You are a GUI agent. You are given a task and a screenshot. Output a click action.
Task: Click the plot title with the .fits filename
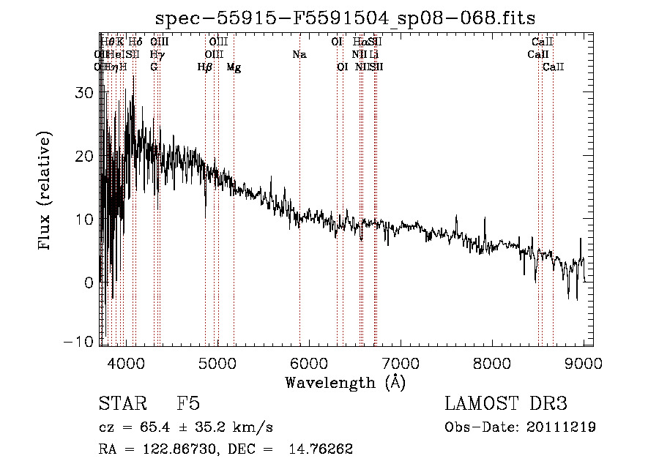(x=346, y=19)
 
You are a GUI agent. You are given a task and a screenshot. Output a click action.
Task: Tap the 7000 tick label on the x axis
(x=400, y=364)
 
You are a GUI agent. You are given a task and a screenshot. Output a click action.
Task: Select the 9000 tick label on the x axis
(x=584, y=364)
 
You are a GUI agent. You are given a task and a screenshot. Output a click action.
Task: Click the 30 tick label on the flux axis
(x=85, y=93)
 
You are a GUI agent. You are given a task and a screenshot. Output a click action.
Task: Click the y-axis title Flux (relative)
(x=46, y=192)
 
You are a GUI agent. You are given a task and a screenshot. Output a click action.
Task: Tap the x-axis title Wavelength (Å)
(x=345, y=382)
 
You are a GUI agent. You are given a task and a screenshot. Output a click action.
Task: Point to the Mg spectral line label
(x=234, y=67)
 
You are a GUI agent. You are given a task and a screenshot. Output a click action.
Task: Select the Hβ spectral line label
(x=205, y=67)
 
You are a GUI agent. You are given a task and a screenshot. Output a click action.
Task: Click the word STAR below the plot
(x=122, y=404)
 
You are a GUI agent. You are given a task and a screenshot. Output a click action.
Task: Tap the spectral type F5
(x=188, y=404)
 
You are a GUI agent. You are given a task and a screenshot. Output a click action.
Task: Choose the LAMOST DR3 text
(x=505, y=404)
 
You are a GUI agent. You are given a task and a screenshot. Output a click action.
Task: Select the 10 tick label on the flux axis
(x=85, y=219)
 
